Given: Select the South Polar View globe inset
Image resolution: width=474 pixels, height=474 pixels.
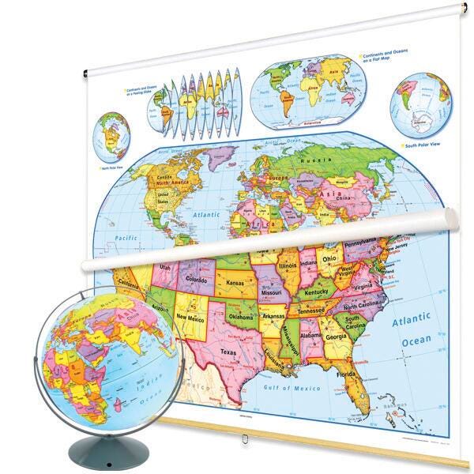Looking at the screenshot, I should click(x=420, y=107).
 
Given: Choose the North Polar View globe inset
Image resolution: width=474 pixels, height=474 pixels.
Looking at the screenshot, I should click(x=112, y=137).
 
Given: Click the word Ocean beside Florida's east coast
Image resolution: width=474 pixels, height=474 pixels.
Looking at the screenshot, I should click(x=416, y=340).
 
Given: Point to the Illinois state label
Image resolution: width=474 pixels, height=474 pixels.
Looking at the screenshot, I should click(x=287, y=267).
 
